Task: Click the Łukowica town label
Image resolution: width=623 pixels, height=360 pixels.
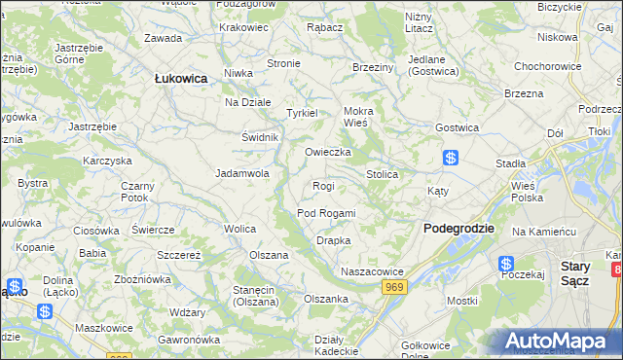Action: coord(181,78)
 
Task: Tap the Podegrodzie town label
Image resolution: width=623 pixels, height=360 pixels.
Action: coord(458,228)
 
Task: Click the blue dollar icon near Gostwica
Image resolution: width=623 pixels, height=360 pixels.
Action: coord(451,157)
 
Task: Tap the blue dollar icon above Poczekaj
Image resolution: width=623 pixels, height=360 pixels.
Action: coord(506,263)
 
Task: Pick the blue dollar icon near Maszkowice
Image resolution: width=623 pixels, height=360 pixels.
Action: coord(45,311)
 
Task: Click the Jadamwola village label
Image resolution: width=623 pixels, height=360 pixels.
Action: coord(241,174)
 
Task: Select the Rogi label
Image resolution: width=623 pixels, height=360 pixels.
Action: coord(323,186)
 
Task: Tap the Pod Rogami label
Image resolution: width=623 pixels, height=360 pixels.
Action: coord(325,213)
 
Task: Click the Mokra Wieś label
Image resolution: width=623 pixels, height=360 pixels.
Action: coord(357,117)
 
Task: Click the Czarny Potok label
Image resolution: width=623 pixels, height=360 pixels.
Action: coord(134,192)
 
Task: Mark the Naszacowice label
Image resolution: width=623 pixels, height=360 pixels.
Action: coord(371,271)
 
